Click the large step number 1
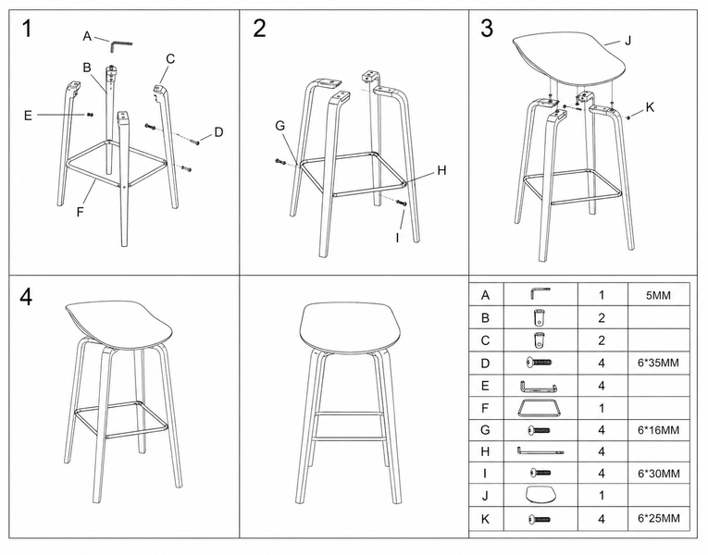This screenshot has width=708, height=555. tap(27, 29)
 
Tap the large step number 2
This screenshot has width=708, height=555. tap(259, 29)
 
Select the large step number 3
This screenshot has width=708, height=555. tap(487, 29)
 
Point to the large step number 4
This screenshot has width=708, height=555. tap(26, 297)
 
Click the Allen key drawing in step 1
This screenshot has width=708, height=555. tap(120, 44)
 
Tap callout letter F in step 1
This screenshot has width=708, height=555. tap(81, 212)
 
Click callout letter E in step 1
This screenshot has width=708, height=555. tap(28, 116)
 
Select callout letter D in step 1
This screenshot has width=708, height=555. tap(218, 132)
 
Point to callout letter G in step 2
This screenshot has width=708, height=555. tap(279, 126)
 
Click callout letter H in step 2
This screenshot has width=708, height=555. tap(441, 170)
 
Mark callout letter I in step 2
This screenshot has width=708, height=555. tap(397, 238)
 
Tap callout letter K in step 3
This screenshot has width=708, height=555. tap(650, 107)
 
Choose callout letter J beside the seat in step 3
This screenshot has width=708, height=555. tap(627, 41)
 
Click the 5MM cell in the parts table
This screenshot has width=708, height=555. tap(658, 296)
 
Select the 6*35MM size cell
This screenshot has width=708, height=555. tap(658, 363)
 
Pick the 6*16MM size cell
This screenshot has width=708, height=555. tap(658, 430)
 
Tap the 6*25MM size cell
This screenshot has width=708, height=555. tap(658, 518)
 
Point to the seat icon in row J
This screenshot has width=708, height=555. tap(540, 495)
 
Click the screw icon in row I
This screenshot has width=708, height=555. tap(540, 473)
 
